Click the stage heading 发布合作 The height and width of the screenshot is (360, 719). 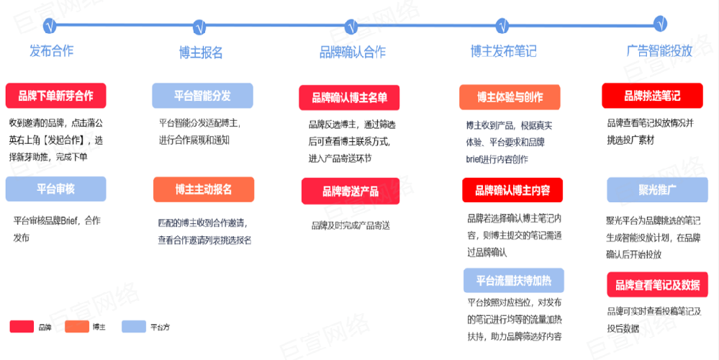click(x=52, y=51)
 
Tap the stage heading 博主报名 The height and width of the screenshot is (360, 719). click(x=201, y=52)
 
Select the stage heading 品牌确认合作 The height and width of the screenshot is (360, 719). click(x=353, y=52)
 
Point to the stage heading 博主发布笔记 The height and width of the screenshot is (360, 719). click(x=504, y=51)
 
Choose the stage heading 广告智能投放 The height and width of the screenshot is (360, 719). click(x=659, y=51)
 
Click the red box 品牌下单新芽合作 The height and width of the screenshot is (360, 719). click(x=55, y=96)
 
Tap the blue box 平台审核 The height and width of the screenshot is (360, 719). click(x=55, y=189)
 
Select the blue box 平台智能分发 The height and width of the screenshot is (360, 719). click(x=202, y=96)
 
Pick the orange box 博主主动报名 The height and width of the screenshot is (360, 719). click(x=204, y=189)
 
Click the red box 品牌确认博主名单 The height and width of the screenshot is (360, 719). click(x=349, y=98)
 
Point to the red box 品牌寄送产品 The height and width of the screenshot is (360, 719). click(x=351, y=192)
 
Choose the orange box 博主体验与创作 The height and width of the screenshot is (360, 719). click(x=510, y=97)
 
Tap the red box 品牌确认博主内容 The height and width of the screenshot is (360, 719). click(x=512, y=191)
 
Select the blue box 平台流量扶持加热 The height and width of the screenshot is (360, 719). click(x=514, y=280)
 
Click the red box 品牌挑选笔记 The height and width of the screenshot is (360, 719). click(x=652, y=95)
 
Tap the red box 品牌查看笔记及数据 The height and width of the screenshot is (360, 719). click(x=657, y=285)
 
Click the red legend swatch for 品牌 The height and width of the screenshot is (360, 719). click(x=22, y=327)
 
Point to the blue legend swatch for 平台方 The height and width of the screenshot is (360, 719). click(x=135, y=327)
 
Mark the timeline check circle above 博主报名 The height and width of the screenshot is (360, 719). click(x=202, y=26)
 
